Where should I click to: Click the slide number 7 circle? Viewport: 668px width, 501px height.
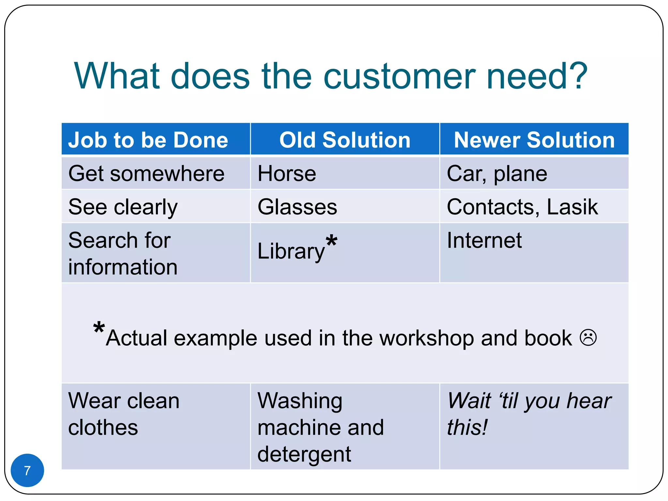tap(27, 470)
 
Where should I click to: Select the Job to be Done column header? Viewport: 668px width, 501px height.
tap(148, 140)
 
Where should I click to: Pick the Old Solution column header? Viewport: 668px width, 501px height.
tap(345, 140)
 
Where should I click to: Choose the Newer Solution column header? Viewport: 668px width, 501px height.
tap(534, 140)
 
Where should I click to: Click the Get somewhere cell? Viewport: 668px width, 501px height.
tap(146, 174)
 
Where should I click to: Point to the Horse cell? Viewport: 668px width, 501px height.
tap(287, 174)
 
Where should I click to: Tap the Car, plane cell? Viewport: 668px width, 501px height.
tap(497, 174)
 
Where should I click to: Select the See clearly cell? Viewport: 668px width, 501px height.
tap(123, 207)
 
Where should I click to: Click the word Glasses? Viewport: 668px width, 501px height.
tap(297, 207)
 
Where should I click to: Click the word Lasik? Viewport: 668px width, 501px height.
tap(572, 207)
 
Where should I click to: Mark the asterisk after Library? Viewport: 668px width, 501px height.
tap(331, 241)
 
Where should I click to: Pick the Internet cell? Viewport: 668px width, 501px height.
tap(484, 240)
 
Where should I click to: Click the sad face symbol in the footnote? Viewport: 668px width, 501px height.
tap(588, 338)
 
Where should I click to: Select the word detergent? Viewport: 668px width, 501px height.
tap(304, 454)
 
